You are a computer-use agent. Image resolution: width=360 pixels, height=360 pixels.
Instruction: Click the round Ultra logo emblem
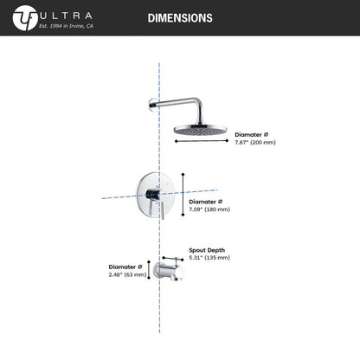(25, 18)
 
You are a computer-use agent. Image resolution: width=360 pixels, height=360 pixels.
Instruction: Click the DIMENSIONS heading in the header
(180, 18)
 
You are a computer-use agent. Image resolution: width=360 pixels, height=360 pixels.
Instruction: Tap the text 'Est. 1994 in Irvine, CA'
(66, 26)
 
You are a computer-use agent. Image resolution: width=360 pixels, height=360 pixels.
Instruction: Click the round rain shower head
(201, 130)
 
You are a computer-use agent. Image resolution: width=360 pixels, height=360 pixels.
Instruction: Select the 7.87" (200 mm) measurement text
(255, 142)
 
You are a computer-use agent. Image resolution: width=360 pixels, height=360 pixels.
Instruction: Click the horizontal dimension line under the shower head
(202, 141)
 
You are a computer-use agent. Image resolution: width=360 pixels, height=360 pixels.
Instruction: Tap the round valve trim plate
(156, 192)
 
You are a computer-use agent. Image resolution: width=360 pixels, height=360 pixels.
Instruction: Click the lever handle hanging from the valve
(163, 210)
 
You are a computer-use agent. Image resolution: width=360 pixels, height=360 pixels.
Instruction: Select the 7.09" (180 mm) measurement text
(209, 209)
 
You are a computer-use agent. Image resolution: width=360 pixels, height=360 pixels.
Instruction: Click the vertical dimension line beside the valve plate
(183, 194)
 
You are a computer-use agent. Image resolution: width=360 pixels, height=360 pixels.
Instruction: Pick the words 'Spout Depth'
(207, 250)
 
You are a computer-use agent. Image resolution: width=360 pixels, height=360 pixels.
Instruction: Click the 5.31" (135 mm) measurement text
(209, 258)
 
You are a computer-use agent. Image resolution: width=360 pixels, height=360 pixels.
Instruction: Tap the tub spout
(170, 271)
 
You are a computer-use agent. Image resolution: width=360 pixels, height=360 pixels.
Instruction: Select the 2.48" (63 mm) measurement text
(127, 274)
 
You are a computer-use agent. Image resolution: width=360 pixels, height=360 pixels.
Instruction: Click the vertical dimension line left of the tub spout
(149, 270)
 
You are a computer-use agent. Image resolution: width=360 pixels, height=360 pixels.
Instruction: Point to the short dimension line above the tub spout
(173, 259)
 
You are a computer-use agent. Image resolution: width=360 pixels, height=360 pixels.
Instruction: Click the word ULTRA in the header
(66, 16)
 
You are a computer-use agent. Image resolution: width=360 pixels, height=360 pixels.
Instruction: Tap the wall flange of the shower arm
(153, 104)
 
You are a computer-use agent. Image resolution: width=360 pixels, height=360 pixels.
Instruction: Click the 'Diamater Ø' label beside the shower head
(252, 135)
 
